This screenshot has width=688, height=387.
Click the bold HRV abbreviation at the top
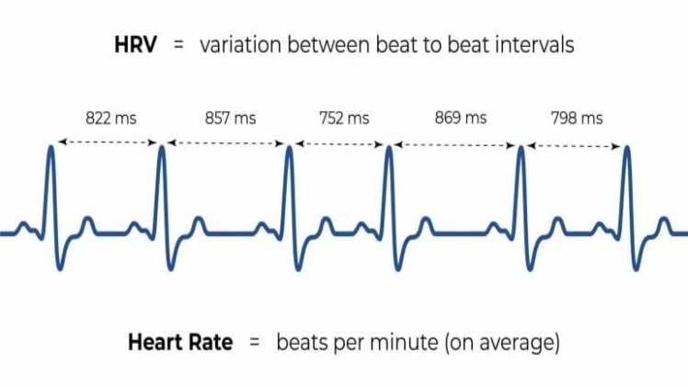[137, 44]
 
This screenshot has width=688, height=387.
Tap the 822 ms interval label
[110, 118]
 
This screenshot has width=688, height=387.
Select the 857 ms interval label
[231, 118]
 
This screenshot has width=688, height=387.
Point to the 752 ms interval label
[343, 118]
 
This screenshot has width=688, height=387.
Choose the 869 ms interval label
[460, 118]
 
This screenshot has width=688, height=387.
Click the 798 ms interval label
[577, 118]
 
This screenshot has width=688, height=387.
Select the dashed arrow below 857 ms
[225, 142]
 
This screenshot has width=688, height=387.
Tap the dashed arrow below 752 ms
[339, 142]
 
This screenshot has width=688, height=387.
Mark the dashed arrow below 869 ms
[454, 142]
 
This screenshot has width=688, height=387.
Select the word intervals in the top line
[533, 44]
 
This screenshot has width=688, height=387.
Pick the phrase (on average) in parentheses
[502, 344]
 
